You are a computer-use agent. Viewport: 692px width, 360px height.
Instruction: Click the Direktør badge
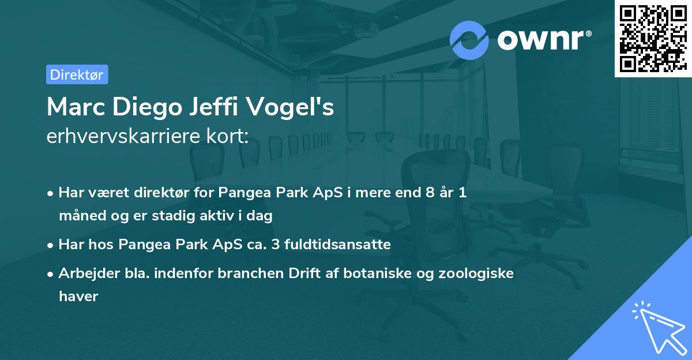pos(77,74)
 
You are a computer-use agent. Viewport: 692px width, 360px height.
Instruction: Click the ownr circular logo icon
pos(469,40)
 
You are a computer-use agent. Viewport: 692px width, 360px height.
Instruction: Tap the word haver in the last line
pos(78,297)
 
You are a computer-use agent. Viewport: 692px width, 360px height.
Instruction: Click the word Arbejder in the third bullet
pos(84,273)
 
